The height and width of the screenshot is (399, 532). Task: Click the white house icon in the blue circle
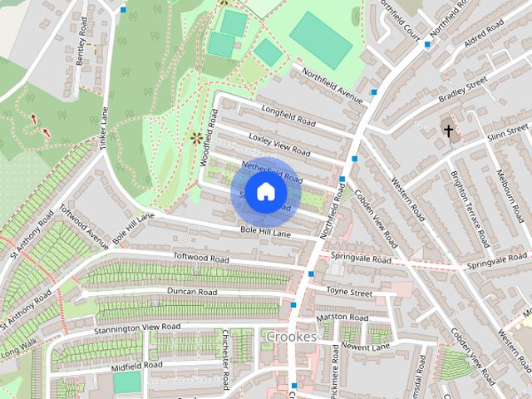coord(264,192)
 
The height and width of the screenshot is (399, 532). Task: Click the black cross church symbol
coord(448,131)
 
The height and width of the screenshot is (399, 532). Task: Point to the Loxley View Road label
coord(279,143)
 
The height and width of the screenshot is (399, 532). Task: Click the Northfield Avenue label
coord(333,86)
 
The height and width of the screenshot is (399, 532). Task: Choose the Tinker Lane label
coord(105,132)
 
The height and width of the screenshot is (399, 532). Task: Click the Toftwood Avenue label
coord(85,226)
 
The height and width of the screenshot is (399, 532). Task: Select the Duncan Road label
coord(191,292)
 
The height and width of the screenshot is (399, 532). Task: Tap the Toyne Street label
coord(348,292)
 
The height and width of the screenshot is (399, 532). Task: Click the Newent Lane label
coord(366,346)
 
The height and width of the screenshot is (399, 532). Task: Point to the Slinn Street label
coord(507,133)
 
